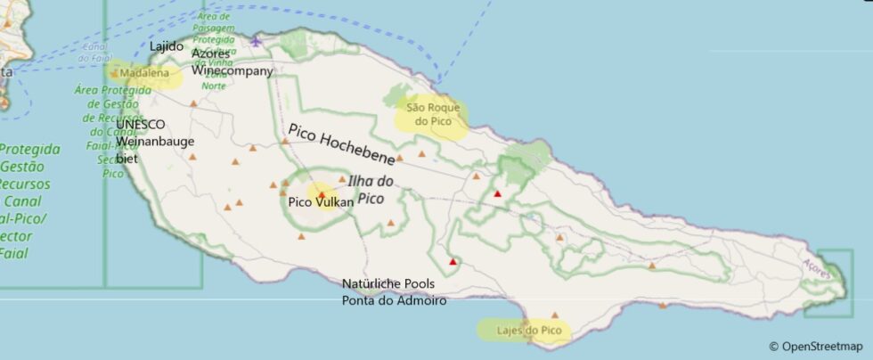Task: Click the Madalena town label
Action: [143, 74]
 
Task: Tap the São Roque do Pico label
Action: [433, 114]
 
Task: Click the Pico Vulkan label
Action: [321, 202]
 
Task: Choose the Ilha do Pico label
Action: [371, 189]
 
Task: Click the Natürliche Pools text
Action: [388, 284]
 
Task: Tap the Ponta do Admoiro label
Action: [394, 300]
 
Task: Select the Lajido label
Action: [167, 46]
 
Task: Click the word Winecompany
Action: [233, 70]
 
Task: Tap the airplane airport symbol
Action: [257, 40]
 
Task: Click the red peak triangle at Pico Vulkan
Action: [322, 193]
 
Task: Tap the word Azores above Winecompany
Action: [211, 53]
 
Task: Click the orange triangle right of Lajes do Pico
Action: [555, 315]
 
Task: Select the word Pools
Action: [418, 284]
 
